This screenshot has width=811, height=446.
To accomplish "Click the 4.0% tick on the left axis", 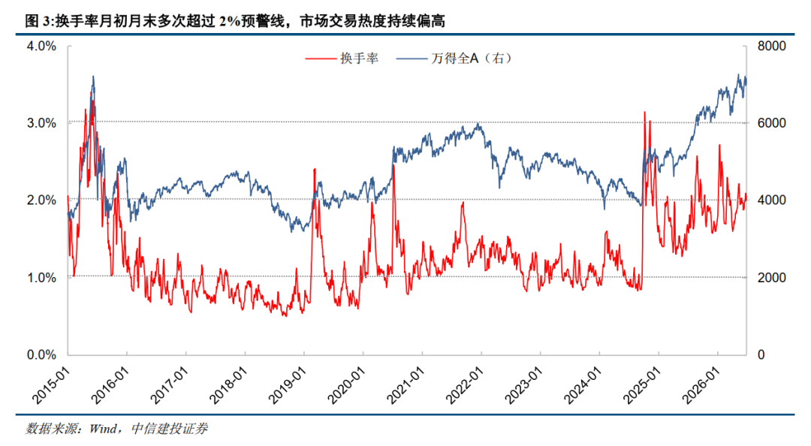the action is pyautogui.click(x=41, y=46).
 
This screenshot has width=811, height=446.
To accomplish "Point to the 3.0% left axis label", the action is pyautogui.click(x=41, y=123).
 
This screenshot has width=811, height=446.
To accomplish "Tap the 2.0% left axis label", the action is pyautogui.click(x=41, y=200).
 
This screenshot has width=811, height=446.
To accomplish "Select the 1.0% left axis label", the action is pyautogui.click(x=41, y=278).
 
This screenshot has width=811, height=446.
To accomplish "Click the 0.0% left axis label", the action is pyautogui.click(x=41, y=355).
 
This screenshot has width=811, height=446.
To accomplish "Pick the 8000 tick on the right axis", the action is pyautogui.click(x=772, y=46).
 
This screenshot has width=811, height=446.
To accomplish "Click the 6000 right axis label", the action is pyautogui.click(x=772, y=123).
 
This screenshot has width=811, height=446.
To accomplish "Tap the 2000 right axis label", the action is pyautogui.click(x=772, y=278).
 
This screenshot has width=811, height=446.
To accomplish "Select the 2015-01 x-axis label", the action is pyautogui.click(x=51, y=385).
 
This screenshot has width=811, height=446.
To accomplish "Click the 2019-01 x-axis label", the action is pyautogui.click(x=288, y=385).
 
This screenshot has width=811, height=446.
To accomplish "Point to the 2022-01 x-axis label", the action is pyautogui.click(x=465, y=385).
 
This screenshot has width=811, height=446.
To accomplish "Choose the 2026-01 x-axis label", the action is pyautogui.click(x=701, y=385).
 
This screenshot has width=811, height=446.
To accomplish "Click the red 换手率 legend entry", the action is pyautogui.click(x=342, y=59).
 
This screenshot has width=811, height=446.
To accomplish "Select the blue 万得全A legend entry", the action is pyautogui.click(x=454, y=59).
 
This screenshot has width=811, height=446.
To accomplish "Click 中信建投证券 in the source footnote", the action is pyautogui.click(x=169, y=429).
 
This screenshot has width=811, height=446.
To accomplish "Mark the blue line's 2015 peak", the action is pyautogui.click(x=93, y=76).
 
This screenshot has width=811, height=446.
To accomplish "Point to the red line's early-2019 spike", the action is pyautogui.click(x=315, y=169).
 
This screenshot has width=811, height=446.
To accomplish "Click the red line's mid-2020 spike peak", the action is pyautogui.click(x=393, y=165).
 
